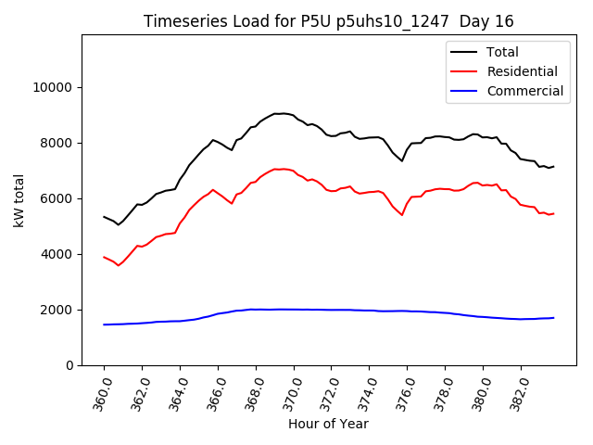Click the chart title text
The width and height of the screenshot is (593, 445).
329,21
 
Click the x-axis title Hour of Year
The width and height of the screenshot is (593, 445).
328,424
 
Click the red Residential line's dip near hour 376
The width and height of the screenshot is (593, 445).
402,215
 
